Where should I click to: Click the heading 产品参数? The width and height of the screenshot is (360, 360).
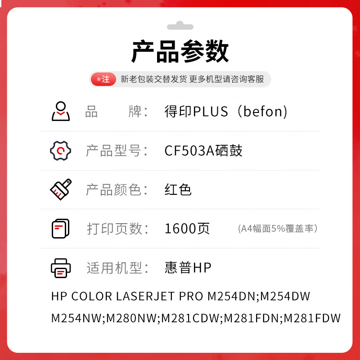click(180, 51)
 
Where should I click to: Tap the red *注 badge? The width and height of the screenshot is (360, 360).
click(103, 79)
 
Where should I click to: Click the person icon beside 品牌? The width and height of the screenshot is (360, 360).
click(61, 111)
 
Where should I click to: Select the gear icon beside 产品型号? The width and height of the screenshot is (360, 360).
click(60, 151)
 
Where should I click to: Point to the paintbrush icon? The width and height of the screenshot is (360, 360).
click(61, 189)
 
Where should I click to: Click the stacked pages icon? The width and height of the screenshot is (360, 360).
click(60, 229)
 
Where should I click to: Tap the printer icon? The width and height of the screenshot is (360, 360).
click(61, 268)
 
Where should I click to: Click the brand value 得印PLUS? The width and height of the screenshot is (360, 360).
click(196, 111)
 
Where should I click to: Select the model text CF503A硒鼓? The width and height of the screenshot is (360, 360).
click(203, 151)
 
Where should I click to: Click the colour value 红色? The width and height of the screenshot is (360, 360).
click(178, 189)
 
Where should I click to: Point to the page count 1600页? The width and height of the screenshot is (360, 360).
click(187, 229)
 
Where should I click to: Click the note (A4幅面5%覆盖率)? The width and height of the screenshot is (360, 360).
click(278, 229)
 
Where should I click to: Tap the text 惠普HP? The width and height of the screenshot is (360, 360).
click(188, 268)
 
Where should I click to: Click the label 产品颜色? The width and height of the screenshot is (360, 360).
click(114, 190)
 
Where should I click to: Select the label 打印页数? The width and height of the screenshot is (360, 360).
click(114, 229)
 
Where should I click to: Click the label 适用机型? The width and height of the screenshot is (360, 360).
click(114, 268)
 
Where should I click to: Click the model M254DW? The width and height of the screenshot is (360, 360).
click(285, 296)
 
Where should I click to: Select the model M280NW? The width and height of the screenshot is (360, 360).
click(131, 318)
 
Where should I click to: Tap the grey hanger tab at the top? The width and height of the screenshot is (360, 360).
click(180, 26)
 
